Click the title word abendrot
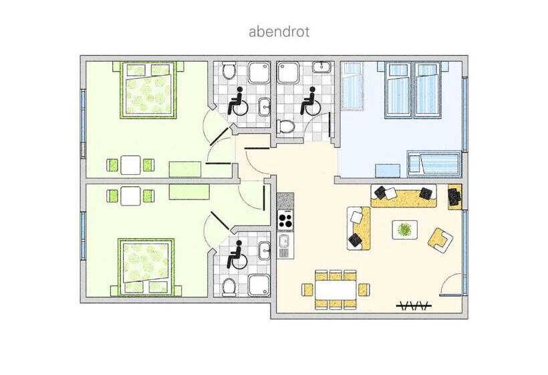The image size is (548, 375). tap(279, 31)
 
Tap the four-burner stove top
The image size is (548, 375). tap(285, 220)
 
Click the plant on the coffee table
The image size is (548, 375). tap(405, 229)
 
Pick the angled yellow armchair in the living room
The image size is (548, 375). tap(440, 240)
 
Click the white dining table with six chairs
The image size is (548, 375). tap(335, 289)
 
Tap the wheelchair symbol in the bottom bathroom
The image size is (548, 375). tap(237, 255)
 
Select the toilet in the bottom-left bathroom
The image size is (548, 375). tap(229, 287)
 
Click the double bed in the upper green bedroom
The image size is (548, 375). tap(148, 90)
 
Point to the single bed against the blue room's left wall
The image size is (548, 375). tap(353, 86)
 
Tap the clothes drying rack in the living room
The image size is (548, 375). tap(414, 305)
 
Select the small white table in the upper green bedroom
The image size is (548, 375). tap(130, 165)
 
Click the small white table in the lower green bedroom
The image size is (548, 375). tap(130, 196)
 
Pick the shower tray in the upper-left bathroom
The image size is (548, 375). tap(259, 72)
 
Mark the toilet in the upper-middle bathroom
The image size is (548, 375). tap(286, 127)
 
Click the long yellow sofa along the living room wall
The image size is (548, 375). tap(404, 196)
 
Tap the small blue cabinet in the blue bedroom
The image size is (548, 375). tap(388, 171)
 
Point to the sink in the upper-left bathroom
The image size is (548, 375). tap(265, 106)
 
